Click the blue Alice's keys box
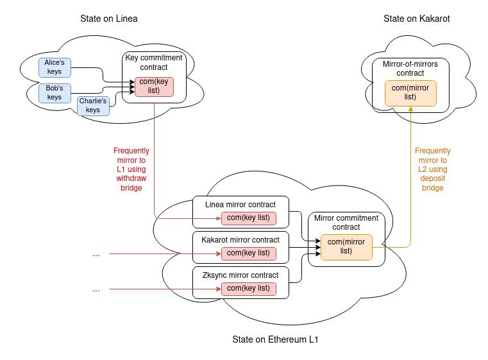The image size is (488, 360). (55, 67)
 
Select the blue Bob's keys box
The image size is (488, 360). (55, 92)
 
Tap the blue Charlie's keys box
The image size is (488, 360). (93, 106)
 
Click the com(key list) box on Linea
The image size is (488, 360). (154, 86)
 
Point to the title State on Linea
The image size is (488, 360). (108, 19)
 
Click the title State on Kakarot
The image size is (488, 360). (416, 19)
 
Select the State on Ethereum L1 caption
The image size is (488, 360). (275, 339)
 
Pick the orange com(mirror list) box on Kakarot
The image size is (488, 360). (410, 92)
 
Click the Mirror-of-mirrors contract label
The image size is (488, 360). (410, 69)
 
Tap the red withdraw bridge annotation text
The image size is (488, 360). (131, 169)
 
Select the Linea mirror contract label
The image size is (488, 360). (240, 205)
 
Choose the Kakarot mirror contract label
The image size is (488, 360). (240, 240)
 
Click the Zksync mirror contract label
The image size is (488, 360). (240, 275)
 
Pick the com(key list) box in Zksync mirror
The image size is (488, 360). (248, 289)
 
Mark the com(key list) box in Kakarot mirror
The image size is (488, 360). (248, 253)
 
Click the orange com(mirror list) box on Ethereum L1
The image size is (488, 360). (346, 246)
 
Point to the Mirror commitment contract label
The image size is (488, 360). (346, 223)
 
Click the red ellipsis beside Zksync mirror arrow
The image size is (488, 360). (96, 289)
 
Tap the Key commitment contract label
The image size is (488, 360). (154, 62)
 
